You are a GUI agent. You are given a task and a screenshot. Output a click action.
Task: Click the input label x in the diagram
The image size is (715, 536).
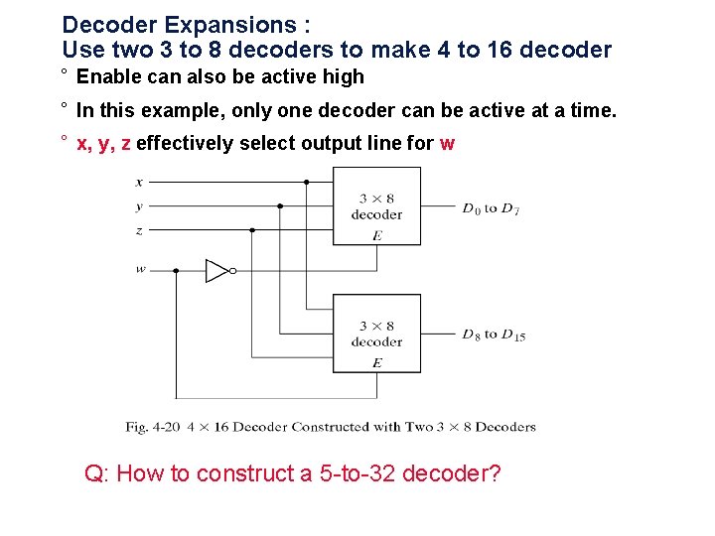tap(139, 183)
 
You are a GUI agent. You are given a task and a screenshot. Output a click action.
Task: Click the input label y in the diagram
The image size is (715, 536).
tap(139, 206)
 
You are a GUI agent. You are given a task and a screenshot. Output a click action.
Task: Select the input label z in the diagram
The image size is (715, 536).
tap(139, 230)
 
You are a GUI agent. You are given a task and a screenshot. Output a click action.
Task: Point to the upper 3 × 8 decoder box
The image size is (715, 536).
tap(376, 205)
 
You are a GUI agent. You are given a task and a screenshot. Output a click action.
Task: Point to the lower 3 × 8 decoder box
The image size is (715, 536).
tap(376, 334)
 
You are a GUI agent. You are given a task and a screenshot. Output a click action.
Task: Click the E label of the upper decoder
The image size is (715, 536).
tap(377, 235)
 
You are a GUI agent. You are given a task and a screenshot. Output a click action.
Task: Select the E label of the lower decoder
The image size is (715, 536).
tap(377, 363)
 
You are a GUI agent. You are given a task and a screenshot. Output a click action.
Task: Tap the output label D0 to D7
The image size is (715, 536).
tap(491, 208)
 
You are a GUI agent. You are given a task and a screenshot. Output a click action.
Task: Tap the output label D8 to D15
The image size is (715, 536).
tap(494, 335)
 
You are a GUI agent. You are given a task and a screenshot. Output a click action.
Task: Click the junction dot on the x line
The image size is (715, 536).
tap(306, 183)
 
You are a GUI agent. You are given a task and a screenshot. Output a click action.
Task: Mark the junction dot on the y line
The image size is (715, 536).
tap(280, 206)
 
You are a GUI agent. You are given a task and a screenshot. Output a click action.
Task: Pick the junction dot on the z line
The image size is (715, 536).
tap(252, 230)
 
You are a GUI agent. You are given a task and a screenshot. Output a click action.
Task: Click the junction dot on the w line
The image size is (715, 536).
tap(176, 270)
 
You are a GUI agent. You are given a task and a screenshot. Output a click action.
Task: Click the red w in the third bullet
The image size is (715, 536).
tap(447, 143)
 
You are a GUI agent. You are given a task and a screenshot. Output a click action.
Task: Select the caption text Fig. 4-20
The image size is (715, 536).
tap(150, 427)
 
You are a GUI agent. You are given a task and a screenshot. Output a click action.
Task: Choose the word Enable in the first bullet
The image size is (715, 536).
tap(109, 76)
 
